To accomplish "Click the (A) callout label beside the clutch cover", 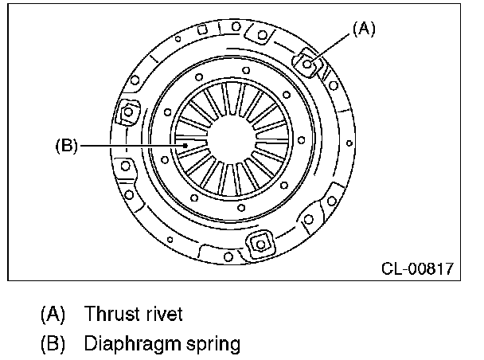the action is click(362, 29).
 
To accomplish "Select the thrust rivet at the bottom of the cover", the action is click(258, 243).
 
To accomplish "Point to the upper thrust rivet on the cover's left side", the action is click(127, 116).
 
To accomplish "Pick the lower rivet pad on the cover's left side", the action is click(124, 170).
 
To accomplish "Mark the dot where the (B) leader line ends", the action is click(185, 146).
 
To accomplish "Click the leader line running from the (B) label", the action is click(127, 146).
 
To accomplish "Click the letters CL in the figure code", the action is click(392, 268).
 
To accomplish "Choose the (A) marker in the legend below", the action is click(53, 314).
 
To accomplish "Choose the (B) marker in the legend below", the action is click(53, 344).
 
